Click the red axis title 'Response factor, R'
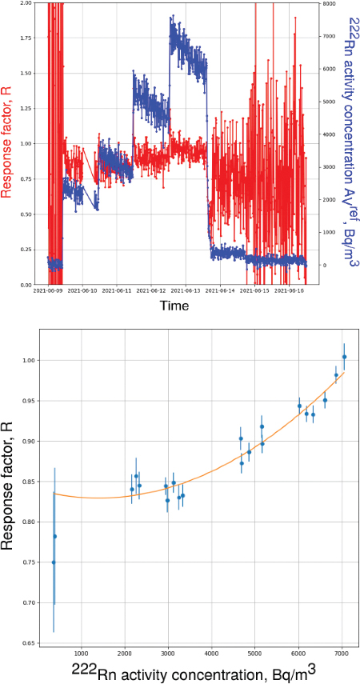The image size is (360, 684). click(x=9, y=144)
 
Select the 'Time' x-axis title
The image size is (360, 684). click(x=174, y=306)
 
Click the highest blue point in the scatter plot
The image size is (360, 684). click(x=344, y=357)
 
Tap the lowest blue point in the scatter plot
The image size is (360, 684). click(x=54, y=562)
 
